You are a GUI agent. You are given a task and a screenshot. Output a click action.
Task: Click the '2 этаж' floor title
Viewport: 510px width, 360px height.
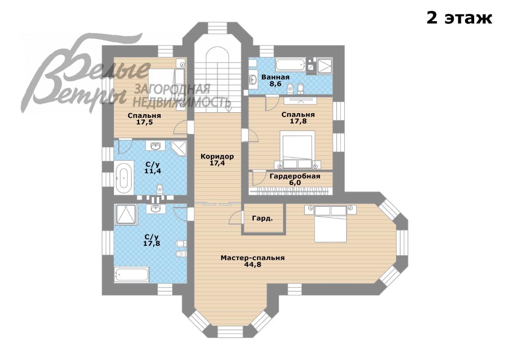click(459, 18)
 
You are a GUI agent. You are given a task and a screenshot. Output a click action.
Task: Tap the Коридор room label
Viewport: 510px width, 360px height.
click(217, 157)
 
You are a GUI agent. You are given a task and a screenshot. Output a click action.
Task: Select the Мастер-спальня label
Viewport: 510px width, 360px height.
click(253, 258)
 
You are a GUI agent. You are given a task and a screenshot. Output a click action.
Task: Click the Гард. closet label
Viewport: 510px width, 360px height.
click(262, 219)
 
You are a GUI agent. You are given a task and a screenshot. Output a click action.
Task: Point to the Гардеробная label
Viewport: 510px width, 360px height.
click(295, 176)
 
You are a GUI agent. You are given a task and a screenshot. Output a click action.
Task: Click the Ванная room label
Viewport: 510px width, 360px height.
click(275, 77)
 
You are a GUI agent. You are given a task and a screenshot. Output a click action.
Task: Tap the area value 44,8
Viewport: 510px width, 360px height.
click(253, 265)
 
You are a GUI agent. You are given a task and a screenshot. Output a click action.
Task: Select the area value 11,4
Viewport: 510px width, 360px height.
click(153, 171)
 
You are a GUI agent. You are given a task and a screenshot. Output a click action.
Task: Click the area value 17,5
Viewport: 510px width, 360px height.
click(144, 122)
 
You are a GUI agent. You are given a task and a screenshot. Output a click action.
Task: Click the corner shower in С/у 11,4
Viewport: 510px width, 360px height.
click(179, 148)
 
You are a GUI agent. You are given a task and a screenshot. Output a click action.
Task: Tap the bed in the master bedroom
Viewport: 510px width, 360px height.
click(331, 224)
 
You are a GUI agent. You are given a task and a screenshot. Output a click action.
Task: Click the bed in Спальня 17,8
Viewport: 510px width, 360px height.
click(297, 150)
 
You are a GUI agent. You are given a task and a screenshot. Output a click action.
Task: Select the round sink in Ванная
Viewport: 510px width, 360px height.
click(253, 80)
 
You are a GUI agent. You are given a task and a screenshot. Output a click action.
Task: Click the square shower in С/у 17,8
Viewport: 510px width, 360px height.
click(126, 214)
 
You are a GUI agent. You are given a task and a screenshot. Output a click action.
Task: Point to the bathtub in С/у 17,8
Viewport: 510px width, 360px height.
click(131, 275)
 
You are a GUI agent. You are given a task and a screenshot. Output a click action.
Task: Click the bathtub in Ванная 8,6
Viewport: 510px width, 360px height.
click(290, 65)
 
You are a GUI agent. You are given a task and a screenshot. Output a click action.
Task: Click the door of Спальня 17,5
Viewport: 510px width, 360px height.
click(181, 127)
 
